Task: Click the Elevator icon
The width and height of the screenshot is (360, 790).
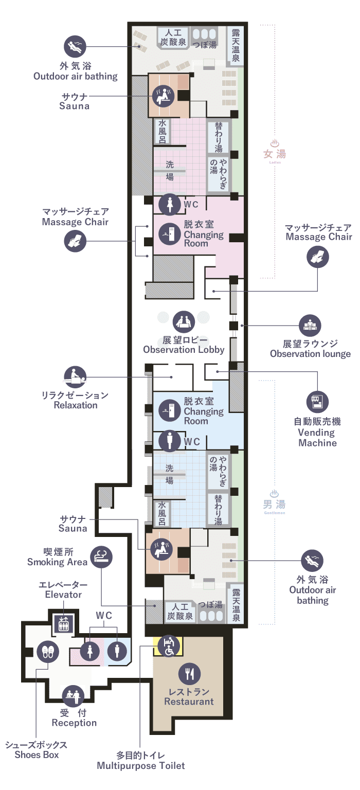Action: click(63, 623)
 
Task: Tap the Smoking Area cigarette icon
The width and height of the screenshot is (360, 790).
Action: click(101, 556)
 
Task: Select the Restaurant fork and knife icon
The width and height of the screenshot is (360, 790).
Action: click(189, 674)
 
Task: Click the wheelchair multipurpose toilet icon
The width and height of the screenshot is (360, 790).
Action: click(168, 646)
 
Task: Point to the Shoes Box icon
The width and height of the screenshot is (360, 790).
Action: click(47, 653)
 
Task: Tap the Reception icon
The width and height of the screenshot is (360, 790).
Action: click(73, 696)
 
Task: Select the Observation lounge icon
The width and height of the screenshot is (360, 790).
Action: click(310, 326)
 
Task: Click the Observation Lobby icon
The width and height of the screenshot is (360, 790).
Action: click(183, 321)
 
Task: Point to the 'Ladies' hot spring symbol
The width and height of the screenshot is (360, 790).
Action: click(275, 143)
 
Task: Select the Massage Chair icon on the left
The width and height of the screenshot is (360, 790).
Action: click(75, 240)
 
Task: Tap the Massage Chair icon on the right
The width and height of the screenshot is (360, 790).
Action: click(317, 256)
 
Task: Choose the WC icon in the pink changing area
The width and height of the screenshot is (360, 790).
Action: click(170, 204)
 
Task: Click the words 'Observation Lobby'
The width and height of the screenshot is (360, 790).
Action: click(184, 349)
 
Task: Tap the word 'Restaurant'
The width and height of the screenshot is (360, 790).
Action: click(189, 701)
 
